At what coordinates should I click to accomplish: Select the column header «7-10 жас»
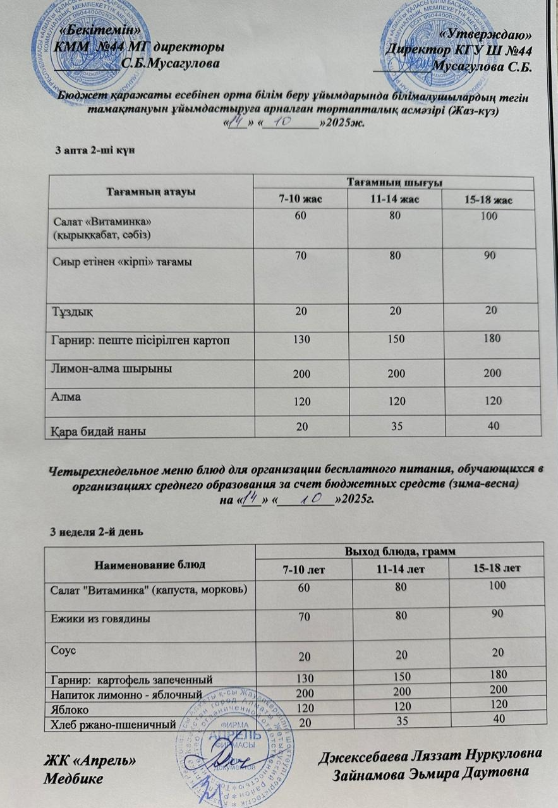(x=301, y=200)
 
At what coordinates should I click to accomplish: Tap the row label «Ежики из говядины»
(x=100, y=619)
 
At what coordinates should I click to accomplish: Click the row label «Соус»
(x=63, y=649)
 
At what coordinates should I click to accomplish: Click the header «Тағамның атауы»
(x=150, y=191)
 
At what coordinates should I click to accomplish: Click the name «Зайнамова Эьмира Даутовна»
(x=432, y=774)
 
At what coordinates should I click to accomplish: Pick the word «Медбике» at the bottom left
(x=73, y=779)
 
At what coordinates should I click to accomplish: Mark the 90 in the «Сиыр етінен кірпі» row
(x=490, y=257)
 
